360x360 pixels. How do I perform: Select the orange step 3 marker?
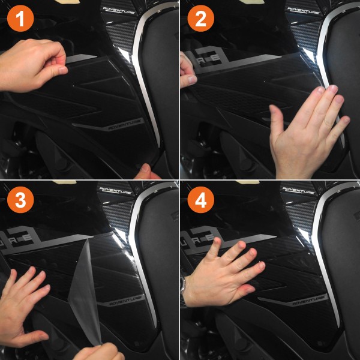[19, 200]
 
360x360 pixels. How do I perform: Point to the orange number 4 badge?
[200, 200]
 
